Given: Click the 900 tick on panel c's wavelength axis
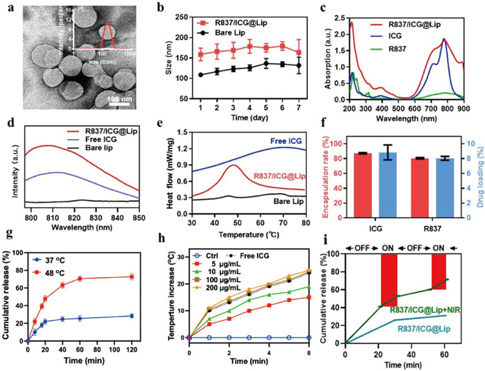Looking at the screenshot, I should [x=477, y=109].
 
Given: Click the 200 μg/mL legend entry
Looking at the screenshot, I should [x=232, y=305].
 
